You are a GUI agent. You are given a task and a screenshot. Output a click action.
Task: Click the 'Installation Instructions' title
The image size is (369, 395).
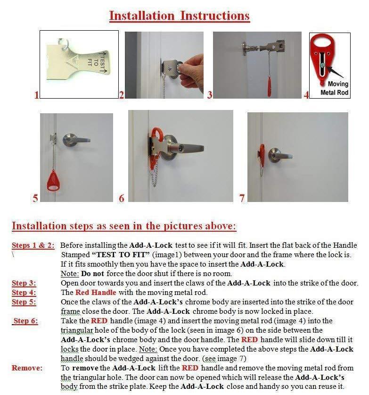pyautogui.click(x=179, y=16)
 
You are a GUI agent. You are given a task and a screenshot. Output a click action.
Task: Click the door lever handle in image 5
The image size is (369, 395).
pyautogui.click(x=77, y=140)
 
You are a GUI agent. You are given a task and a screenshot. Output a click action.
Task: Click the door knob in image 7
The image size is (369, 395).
pyautogui.click(x=275, y=154)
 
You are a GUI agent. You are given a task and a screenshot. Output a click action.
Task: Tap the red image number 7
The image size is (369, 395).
pyautogui.click(x=242, y=198)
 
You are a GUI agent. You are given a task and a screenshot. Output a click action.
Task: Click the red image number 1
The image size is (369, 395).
pyautogui.click(x=36, y=95)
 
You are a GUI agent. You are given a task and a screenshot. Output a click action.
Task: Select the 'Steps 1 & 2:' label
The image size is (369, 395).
pyautogui.click(x=33, y=245)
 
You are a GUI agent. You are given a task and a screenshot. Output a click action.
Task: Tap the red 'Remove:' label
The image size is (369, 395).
pyautogui.click(x=26, y=368)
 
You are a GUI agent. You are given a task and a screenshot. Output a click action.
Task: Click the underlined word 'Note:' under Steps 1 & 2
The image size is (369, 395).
pyautogui.click(x=70, y=274)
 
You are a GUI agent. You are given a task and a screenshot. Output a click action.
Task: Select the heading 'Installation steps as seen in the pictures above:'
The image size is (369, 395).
pyautogui.click(x=123, y=226)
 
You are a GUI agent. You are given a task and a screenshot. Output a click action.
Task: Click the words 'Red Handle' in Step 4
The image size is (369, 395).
pyautogui.click(x=93, y=293)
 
